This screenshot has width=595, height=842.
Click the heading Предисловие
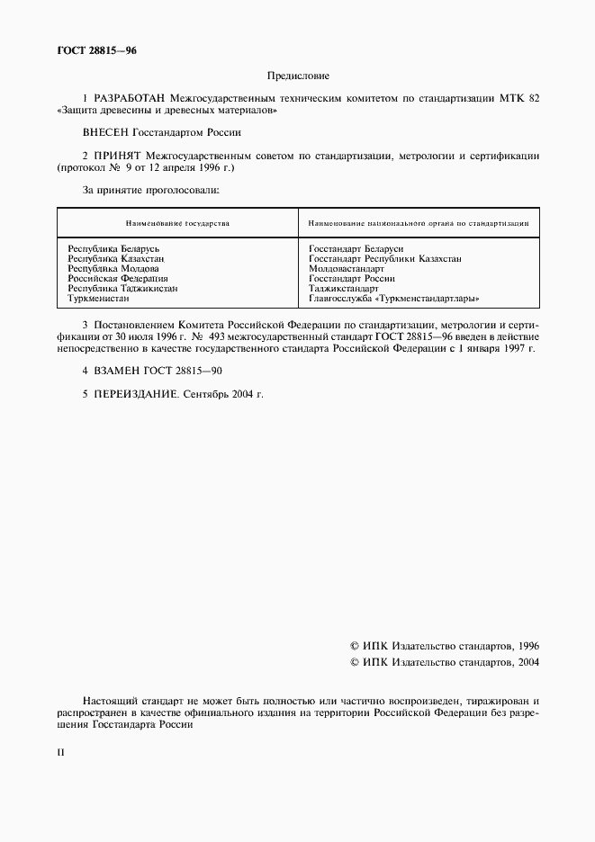click(298, 76)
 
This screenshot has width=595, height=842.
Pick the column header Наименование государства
click(177, 222)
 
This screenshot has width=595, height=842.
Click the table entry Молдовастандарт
click(347, 268)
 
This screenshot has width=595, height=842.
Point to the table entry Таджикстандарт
click(344, 289)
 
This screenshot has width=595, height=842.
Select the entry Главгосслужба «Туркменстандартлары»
click(393, 299)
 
